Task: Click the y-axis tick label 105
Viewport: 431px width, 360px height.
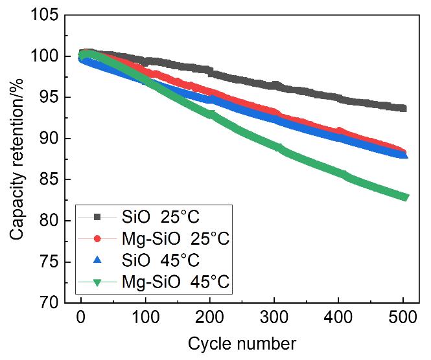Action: point(45,15)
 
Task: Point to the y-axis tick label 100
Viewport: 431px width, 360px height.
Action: point(45,56)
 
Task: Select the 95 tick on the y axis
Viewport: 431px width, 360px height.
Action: point(49,98)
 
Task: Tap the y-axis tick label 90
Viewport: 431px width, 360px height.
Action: point(49,139)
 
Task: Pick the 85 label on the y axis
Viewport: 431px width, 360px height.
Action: point(49,180)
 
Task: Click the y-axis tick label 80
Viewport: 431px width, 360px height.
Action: point(49,221)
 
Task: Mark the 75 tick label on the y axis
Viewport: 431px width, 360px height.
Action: point(49,262)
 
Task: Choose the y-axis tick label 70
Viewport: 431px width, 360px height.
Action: point(49,303)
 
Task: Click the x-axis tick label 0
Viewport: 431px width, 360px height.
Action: point(80,319)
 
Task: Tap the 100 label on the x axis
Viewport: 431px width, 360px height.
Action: point(145,319)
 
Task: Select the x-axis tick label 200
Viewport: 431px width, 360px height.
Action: point(210,319)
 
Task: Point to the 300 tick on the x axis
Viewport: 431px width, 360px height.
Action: point(275,319)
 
